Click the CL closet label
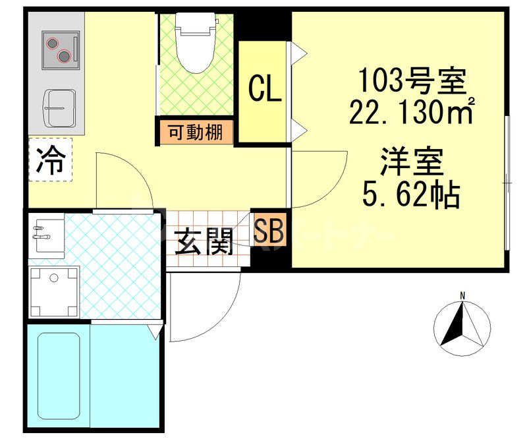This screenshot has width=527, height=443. click(264, 90)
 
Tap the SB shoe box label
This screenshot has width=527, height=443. click(269, 230)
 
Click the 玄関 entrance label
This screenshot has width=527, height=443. click(204, 243)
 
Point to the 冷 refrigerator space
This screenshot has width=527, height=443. click(51, 159)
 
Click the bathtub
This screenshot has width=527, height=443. click(59, 379)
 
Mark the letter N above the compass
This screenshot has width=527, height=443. click(463, 295)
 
